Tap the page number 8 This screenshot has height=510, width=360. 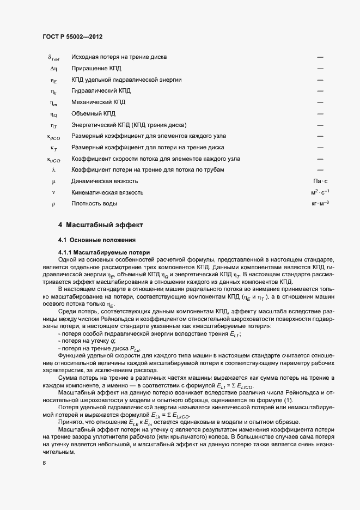(x=44, y=463)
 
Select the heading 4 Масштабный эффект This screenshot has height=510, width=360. (x=100, y=225)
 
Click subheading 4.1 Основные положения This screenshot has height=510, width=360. (x=97, y=240)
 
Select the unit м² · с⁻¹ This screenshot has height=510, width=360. (x=320, y=192)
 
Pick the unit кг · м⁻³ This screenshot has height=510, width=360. (x=320, y=204)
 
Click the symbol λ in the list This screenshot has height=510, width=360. (x=53, y=169)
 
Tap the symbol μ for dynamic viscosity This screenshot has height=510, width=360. (x=53, y=181)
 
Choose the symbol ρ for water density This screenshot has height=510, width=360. (x=53, y=204)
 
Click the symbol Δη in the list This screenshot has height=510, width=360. (x=53, y=68)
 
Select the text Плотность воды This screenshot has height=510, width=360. (x=94, y=204)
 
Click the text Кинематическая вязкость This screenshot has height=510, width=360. (x=107, y=192)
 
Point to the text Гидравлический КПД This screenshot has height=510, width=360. (x=101, y=90)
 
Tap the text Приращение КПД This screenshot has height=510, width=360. (x=96, y=68)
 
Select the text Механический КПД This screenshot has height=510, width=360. (x=99, y=102)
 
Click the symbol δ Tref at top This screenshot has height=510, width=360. (x=53, y=57)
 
